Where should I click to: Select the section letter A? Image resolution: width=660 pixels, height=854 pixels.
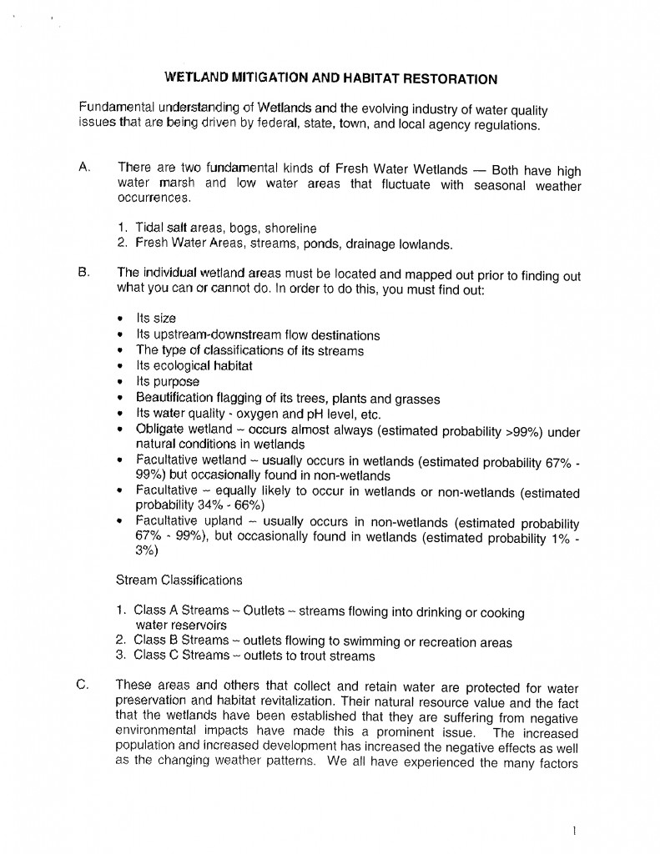pyautogui.click(x=83, y=168)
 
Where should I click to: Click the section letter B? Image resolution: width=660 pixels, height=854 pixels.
pyautogui.click(x=83, y=273)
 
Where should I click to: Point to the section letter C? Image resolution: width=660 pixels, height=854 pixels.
pyautogui.click(x=83, y=686)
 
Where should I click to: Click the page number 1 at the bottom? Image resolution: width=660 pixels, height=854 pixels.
pyautogui.click(x=577, y=831)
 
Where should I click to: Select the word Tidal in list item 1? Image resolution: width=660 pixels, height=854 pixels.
pyautogui.click(x=151, y=229)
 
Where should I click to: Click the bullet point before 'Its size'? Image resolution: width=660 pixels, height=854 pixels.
pyautogui.click(x=123, y=319)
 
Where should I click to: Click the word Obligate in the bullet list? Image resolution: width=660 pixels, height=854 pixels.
pyautogui.click(x=162, y=429)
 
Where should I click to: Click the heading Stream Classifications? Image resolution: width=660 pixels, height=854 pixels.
pyautogui.click(x=179, y=580)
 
